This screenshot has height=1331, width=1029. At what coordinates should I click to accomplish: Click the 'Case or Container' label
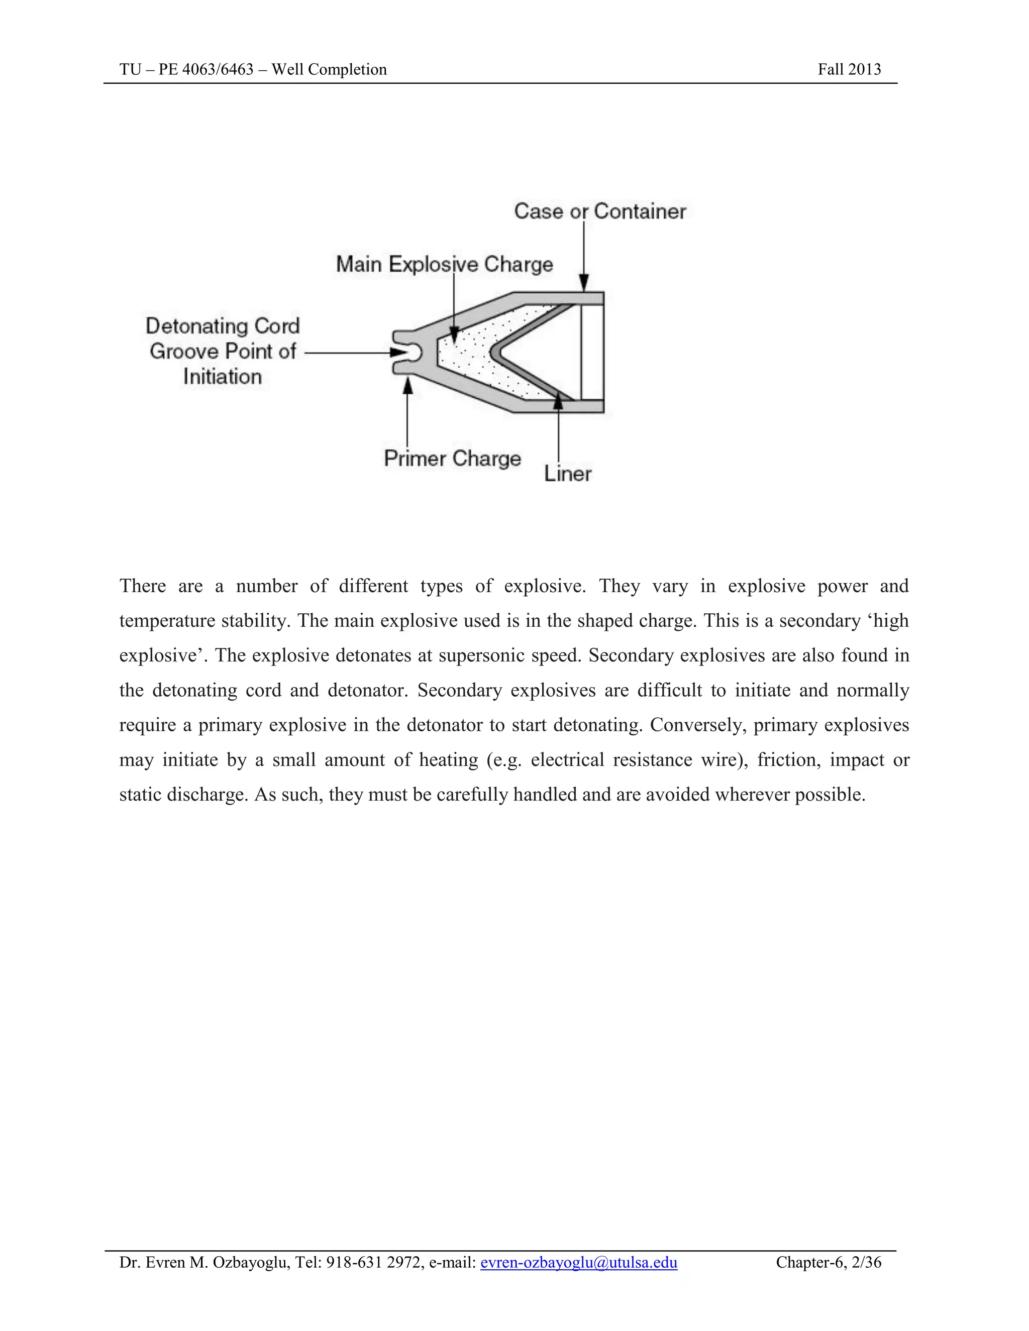(600, 211)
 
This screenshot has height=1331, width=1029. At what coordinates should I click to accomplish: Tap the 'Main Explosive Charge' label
(444, 265)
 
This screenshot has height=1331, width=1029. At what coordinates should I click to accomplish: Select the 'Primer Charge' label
(452, 458)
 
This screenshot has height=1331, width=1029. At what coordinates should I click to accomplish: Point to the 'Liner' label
(568, 474)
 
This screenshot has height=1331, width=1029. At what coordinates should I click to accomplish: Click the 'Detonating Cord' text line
(223, 326)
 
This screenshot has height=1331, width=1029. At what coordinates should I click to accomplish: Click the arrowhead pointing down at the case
(583, 283)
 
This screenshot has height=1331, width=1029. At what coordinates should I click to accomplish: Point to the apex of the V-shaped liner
(494, 352)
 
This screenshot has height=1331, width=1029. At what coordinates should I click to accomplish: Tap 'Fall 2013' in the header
(849, 69)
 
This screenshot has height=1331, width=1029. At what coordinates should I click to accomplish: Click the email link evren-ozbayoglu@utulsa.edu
(578, 1262)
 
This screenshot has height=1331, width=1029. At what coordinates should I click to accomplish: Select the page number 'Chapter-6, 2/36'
(829, 1262)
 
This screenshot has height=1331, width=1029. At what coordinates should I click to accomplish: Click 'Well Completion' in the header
(329, 69)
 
